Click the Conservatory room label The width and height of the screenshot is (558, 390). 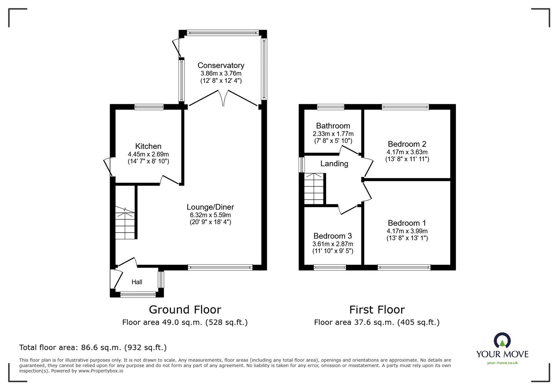click(221, 66)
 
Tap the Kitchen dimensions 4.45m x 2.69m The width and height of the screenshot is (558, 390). click(148, 154)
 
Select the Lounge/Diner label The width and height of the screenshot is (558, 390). click(210, 207)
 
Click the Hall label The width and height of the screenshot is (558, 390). click(137, 282)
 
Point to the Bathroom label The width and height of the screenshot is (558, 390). click(333, 126)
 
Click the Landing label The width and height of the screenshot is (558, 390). click(334, 163)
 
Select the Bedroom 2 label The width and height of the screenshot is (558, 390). click(407, 144)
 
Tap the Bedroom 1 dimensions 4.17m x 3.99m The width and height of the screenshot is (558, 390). click(407, 231)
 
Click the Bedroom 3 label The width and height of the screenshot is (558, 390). click(332, 236)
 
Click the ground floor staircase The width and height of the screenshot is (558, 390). click(125, 223)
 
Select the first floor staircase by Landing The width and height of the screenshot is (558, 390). click(314, 189)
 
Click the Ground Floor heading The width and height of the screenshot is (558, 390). click(185, 309)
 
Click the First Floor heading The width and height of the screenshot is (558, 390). click(377, 309)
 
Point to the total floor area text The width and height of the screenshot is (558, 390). click(93, 347)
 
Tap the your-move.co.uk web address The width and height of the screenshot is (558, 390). click(502, 363)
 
